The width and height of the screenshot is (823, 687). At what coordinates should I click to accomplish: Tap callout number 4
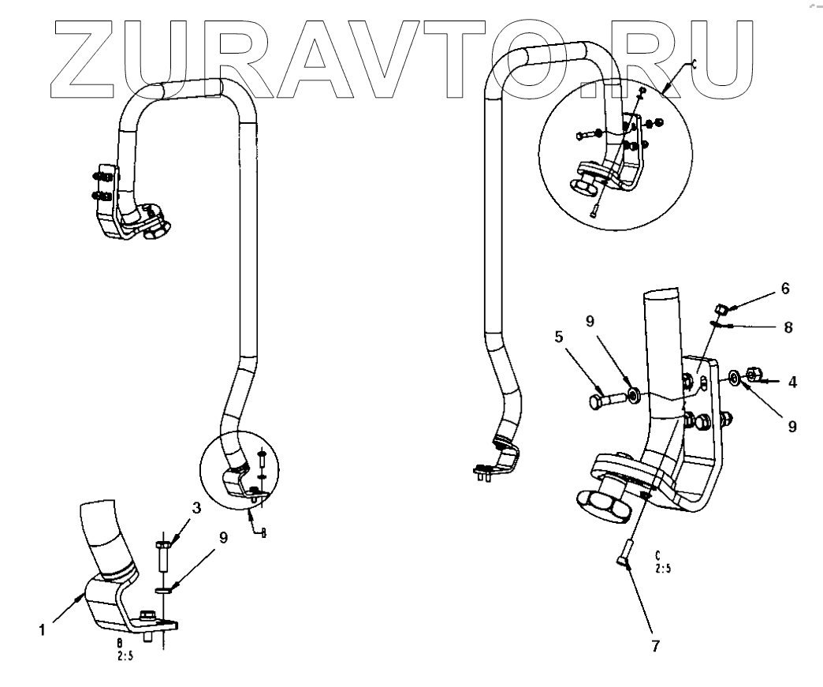pyautogui.click(x=792, y=382)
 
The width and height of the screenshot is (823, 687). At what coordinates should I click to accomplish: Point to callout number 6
pyautogui.click(x=784, y=289)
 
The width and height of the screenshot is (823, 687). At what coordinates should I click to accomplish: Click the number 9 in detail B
pyautogui.click(x=224, y=539)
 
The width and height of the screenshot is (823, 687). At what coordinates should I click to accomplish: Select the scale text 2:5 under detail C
pyautogui.click(x=662, y=565)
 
